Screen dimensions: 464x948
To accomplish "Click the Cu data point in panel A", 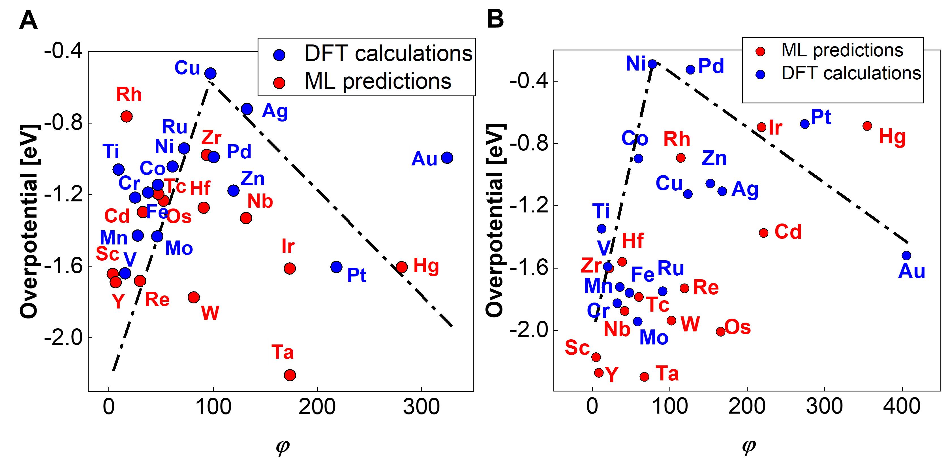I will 210,73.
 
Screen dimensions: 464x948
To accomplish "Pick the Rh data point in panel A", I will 127,116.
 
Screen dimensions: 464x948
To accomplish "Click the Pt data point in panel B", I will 805,124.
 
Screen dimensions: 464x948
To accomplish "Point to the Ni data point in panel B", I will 652,64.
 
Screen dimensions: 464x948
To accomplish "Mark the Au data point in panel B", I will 906,256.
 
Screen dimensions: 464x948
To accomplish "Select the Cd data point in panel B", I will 764,233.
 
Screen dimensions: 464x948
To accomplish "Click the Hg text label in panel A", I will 426,266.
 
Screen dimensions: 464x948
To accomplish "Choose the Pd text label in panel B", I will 711,66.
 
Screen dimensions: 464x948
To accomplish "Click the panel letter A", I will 28,20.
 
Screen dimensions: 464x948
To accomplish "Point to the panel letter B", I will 495,19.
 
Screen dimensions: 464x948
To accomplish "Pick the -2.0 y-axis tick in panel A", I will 63,338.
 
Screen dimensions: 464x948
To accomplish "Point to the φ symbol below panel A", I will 282,447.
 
